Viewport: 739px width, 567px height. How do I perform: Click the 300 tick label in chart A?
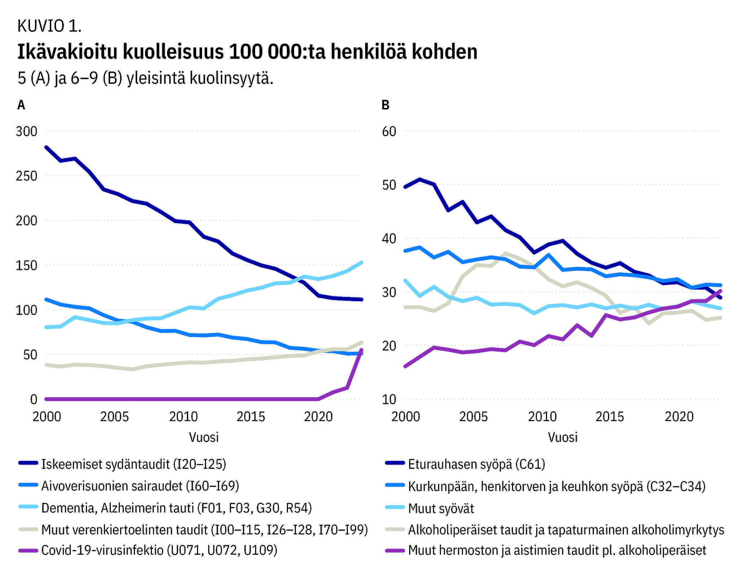pyautogui.click(x=26, y=131)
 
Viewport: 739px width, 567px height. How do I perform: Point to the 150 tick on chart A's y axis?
pyautogui.click(x=26, y=265)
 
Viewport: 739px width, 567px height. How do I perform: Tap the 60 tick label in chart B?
pyautogui.click(x=389, y=131)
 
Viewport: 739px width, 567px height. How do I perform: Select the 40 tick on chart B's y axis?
pyautogui.click(x=389, y=238)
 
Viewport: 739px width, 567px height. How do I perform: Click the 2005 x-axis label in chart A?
pyautogui.click(x=114, y=416)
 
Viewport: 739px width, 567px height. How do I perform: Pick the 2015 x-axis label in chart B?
pyautogui.click(x=609, y=416)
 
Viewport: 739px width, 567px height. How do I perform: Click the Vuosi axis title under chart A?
pyautogui.click(x=204, y=437)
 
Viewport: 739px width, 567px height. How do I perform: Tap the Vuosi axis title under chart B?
pyautogui.click(x=563, y=437)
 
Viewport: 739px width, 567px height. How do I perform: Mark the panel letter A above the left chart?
pyautogui.click(x=21, y=105)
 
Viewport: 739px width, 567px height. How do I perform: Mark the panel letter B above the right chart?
pyautogui.click(x=385, y=105)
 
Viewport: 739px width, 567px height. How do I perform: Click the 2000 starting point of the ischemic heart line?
pyautogui.click(x=46, y=147)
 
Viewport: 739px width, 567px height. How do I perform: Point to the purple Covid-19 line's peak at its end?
pyautogui.click(x=361, y=350)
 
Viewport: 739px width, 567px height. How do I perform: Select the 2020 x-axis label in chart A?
pyautogui.click(x=318, y=416)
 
